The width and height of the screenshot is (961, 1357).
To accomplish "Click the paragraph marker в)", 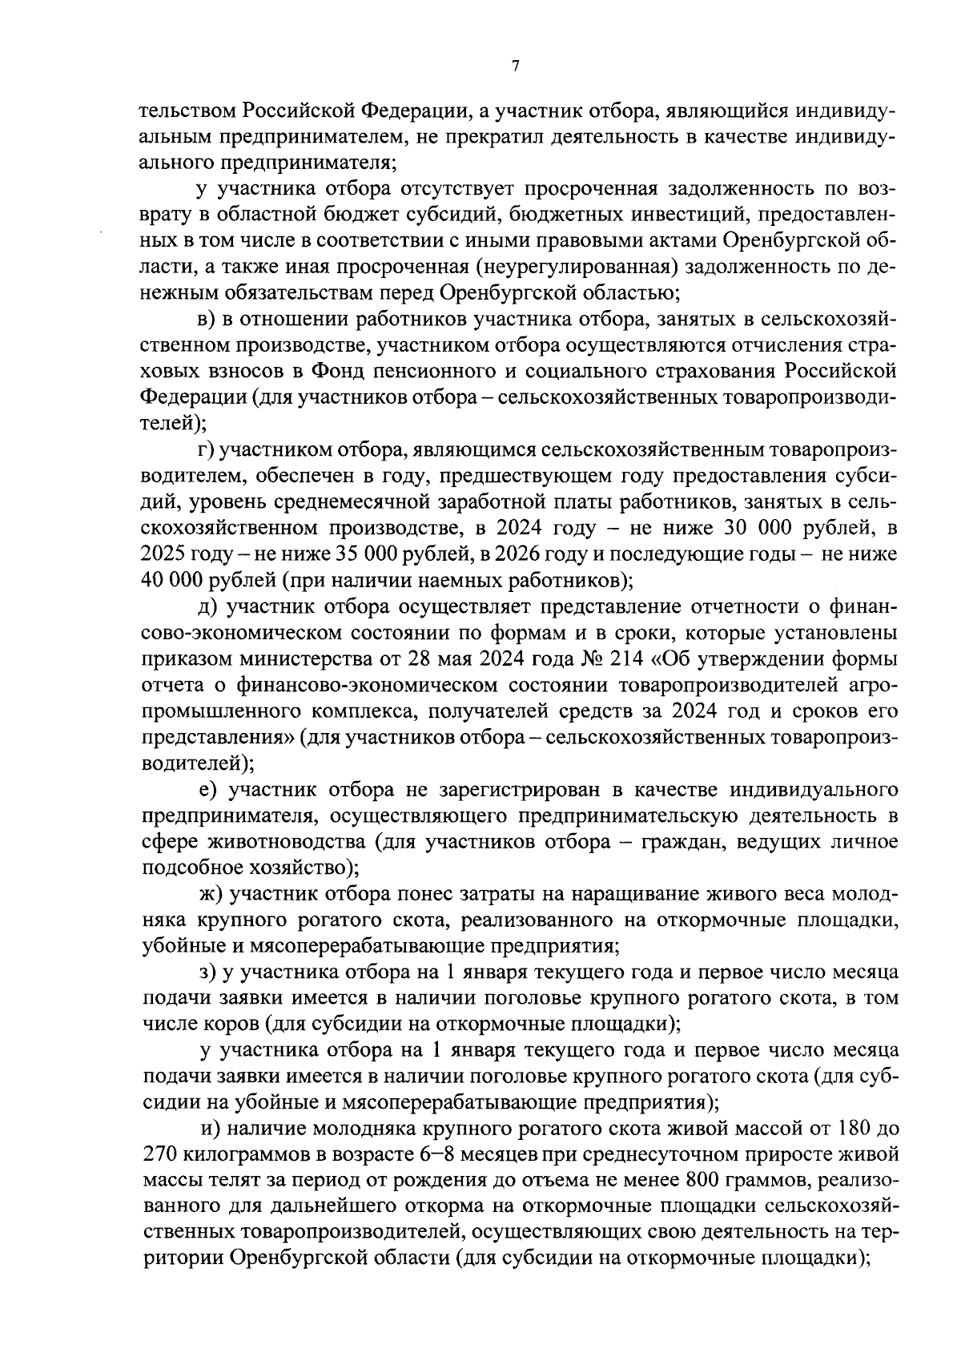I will pos(207,320).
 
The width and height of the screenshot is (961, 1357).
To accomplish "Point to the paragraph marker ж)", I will pos(211,893).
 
